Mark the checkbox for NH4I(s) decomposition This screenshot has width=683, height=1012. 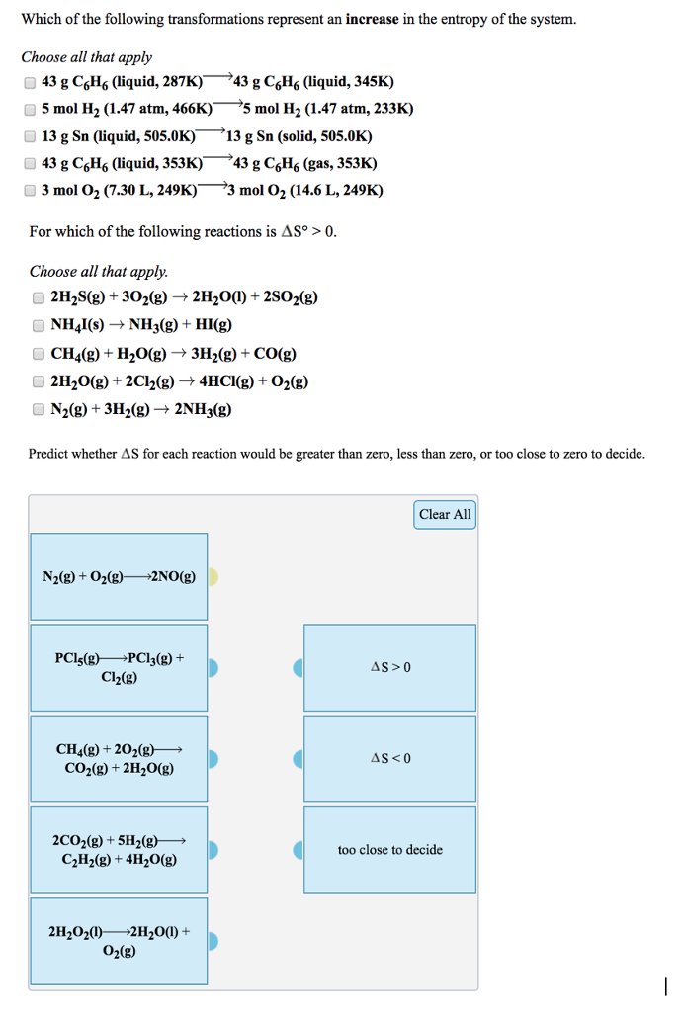tap(38, 325)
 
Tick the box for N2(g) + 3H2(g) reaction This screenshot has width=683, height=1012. tap(38, 410)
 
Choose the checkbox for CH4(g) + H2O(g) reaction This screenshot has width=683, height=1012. tap(38, 354)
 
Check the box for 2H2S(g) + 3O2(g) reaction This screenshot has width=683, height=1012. tap(38, 297)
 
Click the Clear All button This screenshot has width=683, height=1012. tap(445, 514)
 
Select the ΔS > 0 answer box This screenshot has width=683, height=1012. tap(390, 667)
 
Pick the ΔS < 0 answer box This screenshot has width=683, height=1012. tap(390, 759)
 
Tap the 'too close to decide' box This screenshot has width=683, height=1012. tap(390, 850)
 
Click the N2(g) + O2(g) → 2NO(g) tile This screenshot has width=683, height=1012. tap(119, 577)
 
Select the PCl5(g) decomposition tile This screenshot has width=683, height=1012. tap(119, 668)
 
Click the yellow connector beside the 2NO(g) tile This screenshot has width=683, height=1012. tap(213, 577)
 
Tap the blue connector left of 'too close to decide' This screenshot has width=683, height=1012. tap(299, 850)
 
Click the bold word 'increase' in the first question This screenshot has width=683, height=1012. tap(373, 19)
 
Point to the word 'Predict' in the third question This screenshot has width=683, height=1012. tap(48, 454)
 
